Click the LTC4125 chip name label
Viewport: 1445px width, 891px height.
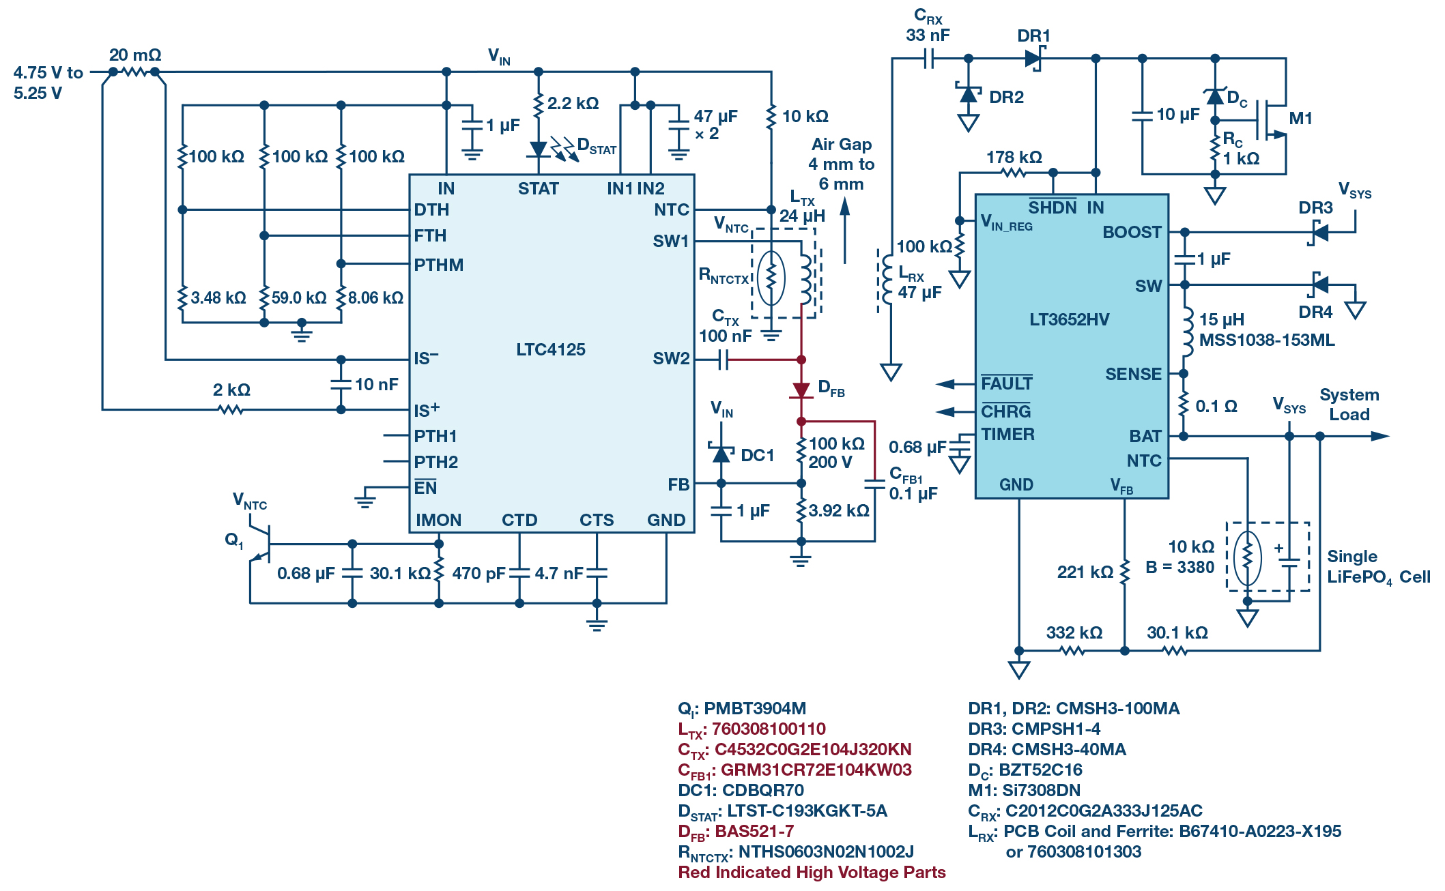click(x=550, y=349)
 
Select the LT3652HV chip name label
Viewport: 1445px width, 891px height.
click(x=1069, y=319)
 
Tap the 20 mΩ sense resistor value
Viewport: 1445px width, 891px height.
click(x=135, y=55)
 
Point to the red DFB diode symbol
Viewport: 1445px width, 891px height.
click(x=801, y=390)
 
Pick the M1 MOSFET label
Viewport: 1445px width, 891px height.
click(x=1301, y=118)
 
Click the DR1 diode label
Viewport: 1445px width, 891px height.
click(x=1033, y=35)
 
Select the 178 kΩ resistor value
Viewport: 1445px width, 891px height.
click(x=1014, y=157)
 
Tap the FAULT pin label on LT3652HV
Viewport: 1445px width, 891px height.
click(x=1006, y=383)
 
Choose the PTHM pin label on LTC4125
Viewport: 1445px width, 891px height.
click(x=438, y=265)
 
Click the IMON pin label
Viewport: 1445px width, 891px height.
click(x=438, y=520)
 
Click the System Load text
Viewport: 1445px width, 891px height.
click(x=1349, y=405)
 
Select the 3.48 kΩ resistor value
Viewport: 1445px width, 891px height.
click(x=218, y=297)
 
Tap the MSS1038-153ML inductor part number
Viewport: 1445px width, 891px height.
click(x=1267, y=340)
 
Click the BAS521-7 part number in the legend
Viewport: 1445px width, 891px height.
click(x=754, y=831)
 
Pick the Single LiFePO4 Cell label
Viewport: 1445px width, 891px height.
click(x=1378, y=567)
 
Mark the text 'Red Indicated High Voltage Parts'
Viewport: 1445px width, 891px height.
click(x=812, y=872)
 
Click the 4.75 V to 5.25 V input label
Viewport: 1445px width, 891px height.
click(x=48, y=83)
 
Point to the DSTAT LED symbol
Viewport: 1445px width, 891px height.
click(x=539, y=149)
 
